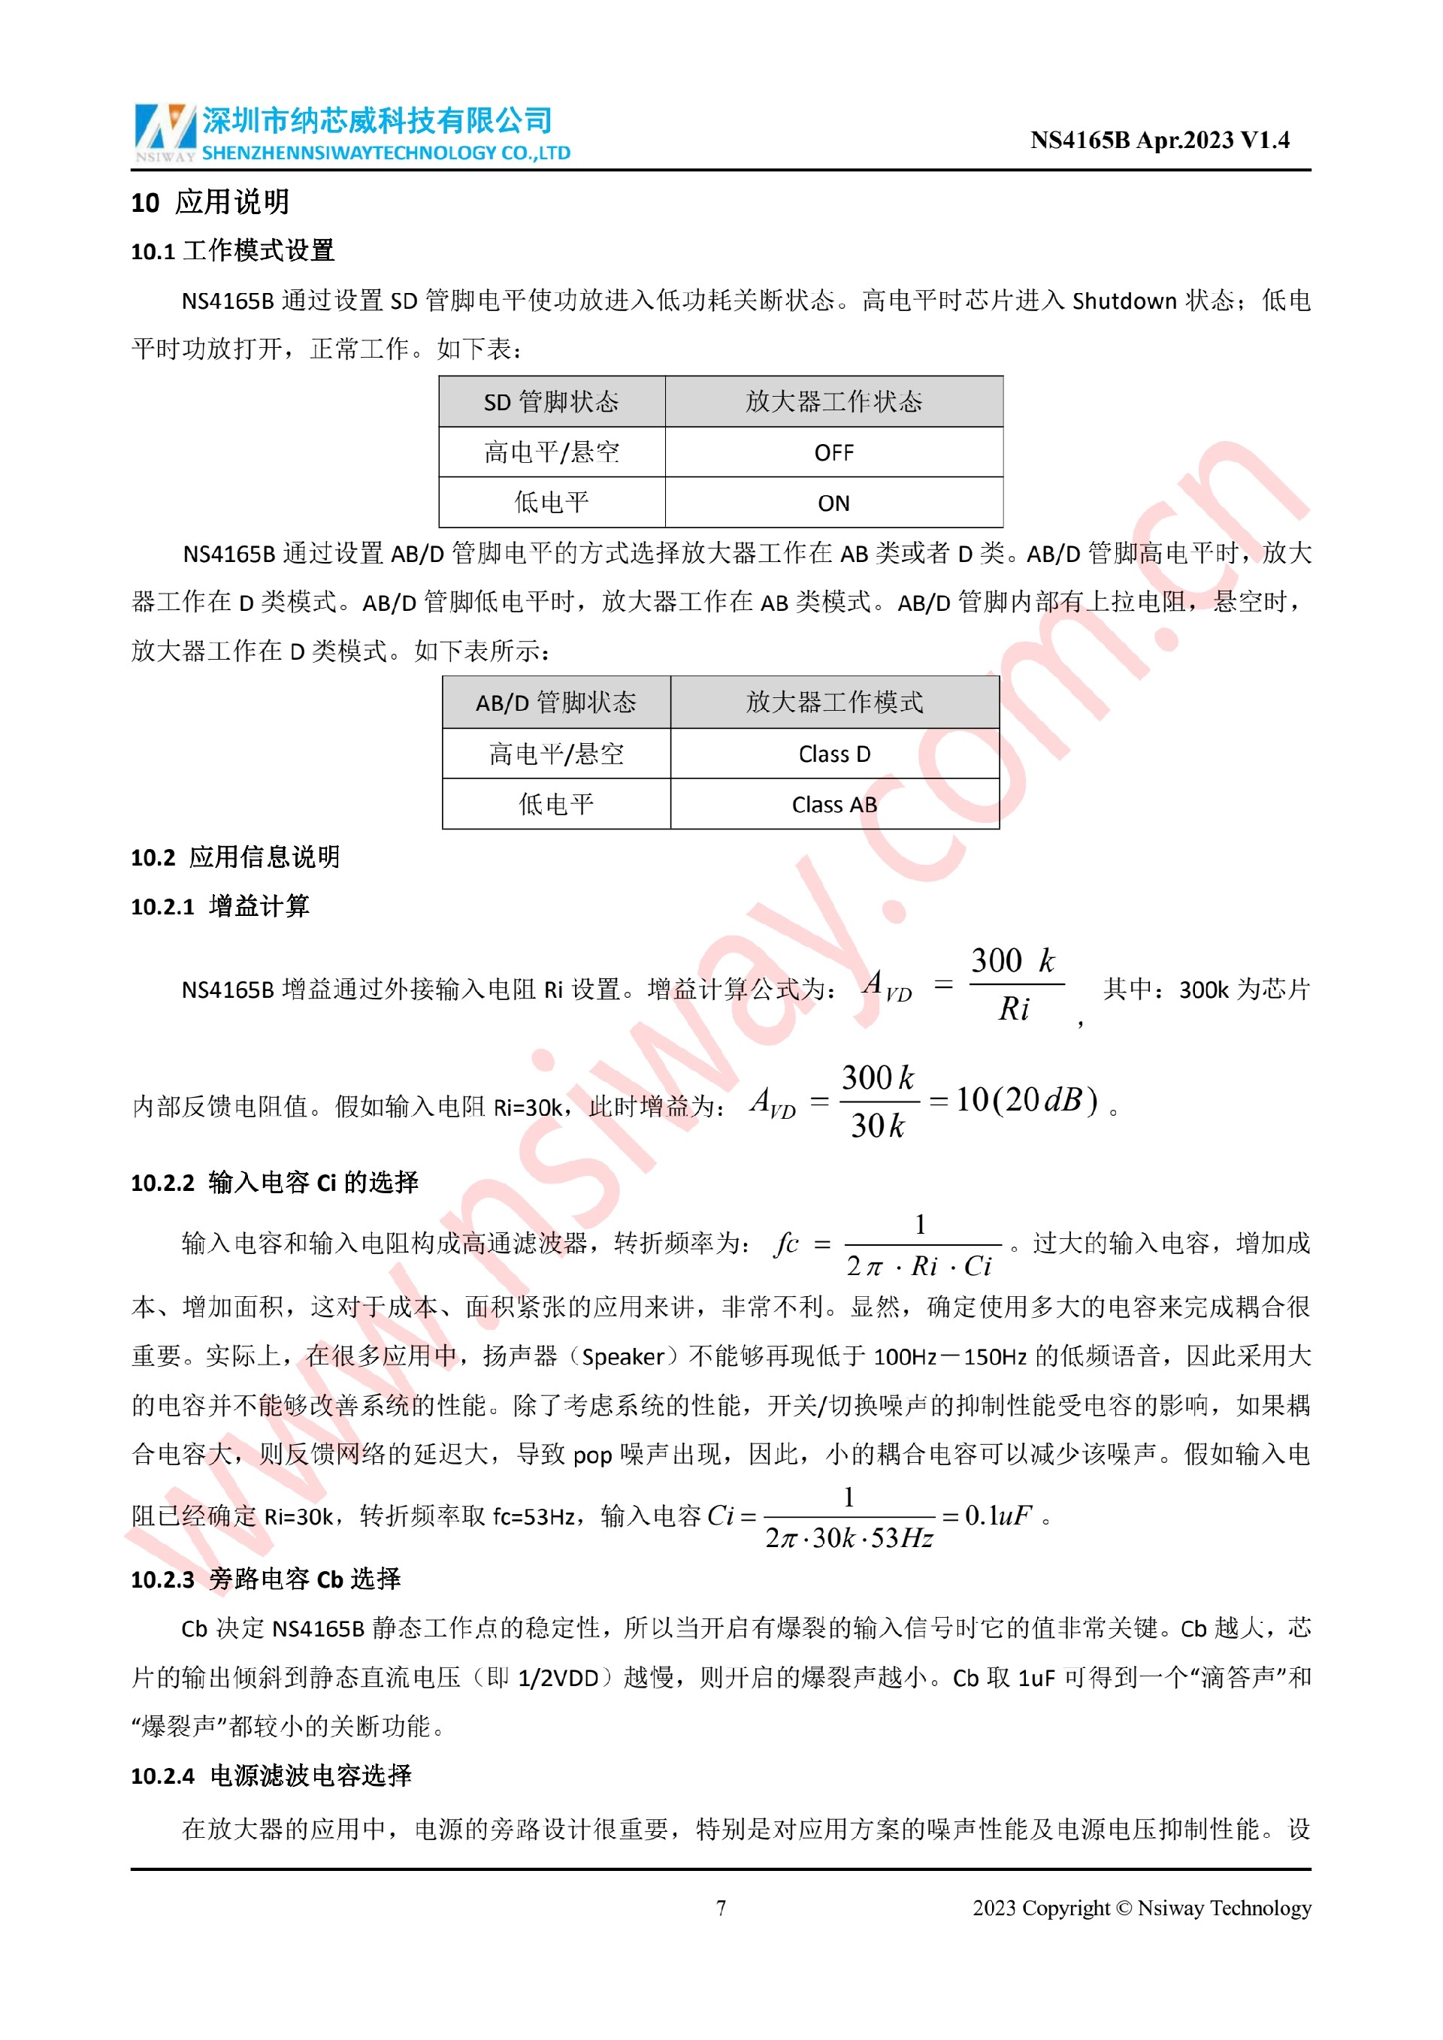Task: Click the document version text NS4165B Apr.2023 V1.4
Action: click(1159, 141)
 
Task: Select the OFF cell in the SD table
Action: click(833, 453)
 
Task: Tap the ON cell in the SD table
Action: click(833, 503)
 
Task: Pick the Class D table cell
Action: click(833, 754)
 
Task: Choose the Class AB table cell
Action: click(833, 805)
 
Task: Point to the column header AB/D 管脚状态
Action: click(555, 703)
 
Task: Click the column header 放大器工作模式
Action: click(833, 703)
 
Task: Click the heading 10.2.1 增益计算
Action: click(219, 906)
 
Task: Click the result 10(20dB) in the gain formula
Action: click(1027, 1100)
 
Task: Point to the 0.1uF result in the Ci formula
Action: click(998, 1515)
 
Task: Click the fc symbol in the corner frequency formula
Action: click(786, 1243)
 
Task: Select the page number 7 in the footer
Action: click(721, 1908)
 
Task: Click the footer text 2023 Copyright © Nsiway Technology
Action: click(1141, 1908)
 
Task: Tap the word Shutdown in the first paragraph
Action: click(1124, 301)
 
